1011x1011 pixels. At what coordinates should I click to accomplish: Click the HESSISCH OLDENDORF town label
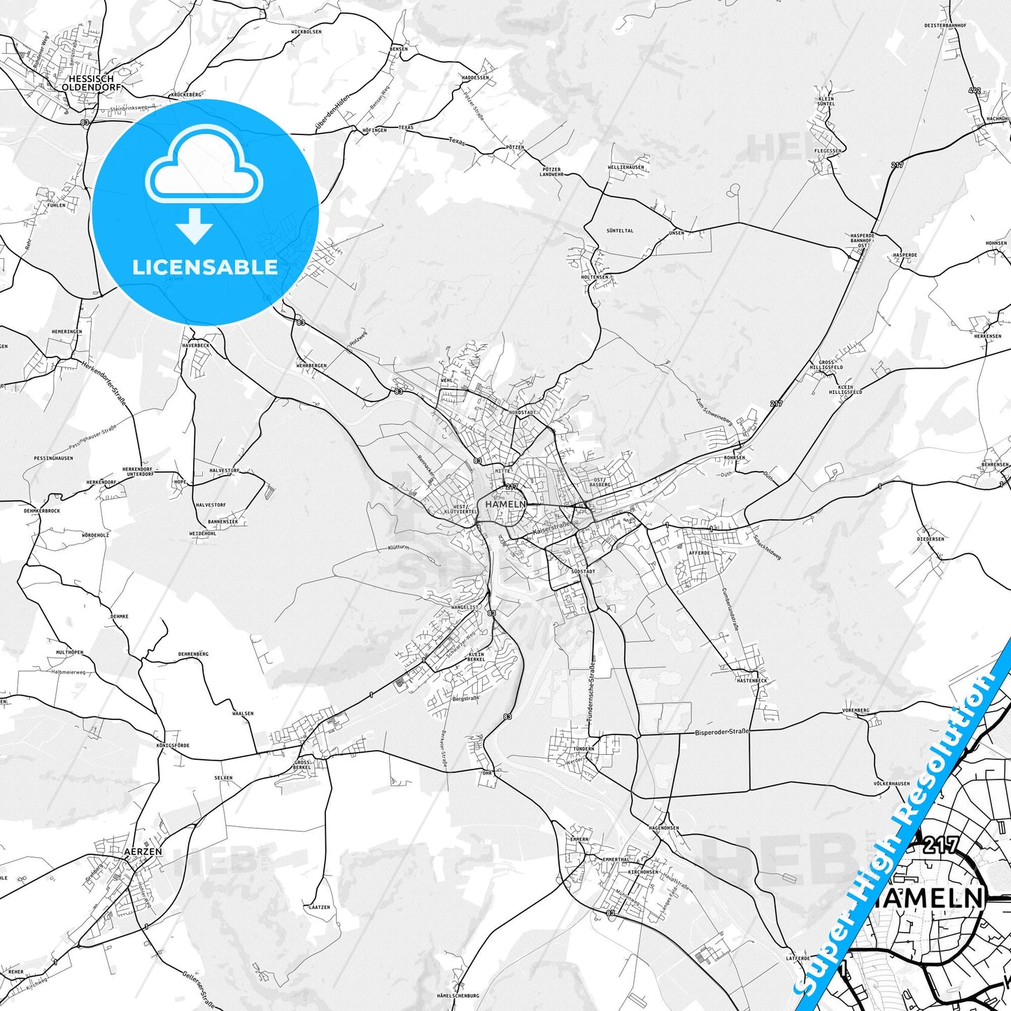(94, 83)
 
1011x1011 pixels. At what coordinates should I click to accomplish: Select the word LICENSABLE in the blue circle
(205, 267)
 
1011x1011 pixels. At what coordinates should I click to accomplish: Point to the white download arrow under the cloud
(195, 225)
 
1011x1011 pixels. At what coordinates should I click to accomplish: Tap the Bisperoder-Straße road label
(721, 732)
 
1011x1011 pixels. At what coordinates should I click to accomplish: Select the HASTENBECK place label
(751, 680)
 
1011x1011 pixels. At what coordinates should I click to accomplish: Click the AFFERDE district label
(699, 553)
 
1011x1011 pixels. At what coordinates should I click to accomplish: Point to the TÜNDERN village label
(584, 749)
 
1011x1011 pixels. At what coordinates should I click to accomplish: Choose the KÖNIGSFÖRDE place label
(172, 746)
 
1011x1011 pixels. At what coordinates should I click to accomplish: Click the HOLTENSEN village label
(595, 277)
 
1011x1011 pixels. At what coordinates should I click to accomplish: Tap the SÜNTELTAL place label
(619, 230)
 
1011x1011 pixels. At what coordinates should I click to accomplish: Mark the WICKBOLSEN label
(306, 32)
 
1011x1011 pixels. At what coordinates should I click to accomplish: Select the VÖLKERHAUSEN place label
(891, 784)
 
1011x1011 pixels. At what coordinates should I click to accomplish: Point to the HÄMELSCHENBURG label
(458, 996)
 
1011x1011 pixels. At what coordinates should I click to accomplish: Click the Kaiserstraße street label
(551, 528)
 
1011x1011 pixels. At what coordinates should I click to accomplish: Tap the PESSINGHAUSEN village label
(53, 458)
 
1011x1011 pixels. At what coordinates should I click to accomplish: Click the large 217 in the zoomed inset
(941, 845)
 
